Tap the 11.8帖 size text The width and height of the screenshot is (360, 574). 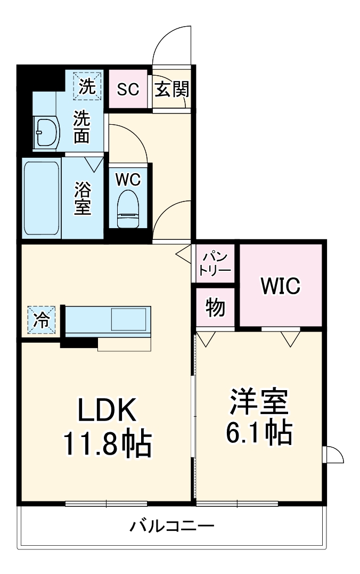pos(108,443)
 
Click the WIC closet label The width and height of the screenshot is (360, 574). pos(280,286)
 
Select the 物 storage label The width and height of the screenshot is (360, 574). pos(215,308)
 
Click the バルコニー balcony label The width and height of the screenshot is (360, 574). pos(172,527)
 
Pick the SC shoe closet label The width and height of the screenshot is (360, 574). pos(128,90)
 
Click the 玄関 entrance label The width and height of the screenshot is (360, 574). pos(171,90)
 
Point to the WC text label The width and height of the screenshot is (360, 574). pos(128,180)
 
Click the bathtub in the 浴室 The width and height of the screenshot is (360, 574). pos(42,197)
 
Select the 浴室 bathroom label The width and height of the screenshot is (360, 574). pos(83,198)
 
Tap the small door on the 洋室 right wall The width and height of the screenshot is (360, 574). pos(334,455)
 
